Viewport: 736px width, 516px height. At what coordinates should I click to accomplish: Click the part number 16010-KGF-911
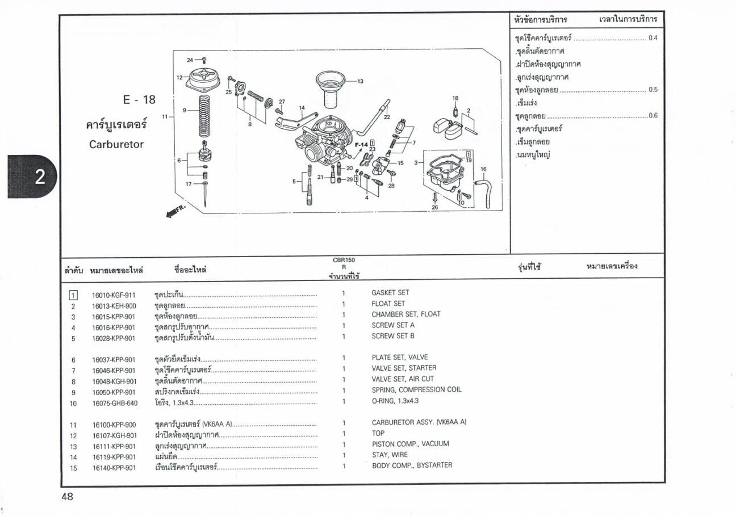pyautogui.click(x=114, y=295)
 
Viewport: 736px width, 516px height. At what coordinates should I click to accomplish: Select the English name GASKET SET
pyautogui.click(x=390, y=293)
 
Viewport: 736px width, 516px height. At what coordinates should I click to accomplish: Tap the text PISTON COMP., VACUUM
pyautogui.click(x=411, y=444)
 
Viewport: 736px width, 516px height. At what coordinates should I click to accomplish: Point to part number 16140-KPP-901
pyautogui.click(x=114, y=468)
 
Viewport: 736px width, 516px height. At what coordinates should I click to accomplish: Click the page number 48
pyautogui.click(x=68, y=497)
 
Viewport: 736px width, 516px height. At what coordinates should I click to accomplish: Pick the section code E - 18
pyautogui.click(x=139, y=99)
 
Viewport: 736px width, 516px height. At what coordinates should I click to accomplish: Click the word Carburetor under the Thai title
pyautogui.click(x=116, y=144)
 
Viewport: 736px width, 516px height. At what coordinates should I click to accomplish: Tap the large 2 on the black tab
pyautogui.click(x=40, y=177)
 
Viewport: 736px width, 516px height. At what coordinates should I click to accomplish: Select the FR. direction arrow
pyautogui.click(x=175, y=212)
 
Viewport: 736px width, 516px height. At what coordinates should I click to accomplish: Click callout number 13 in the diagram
pyautogui.click(x=360, y=81)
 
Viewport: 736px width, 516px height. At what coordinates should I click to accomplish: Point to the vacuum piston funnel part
pyautogui.click(x=331, y=89)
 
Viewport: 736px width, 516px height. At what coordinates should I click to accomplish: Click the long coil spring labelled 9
pyautogui.click(x=204, y=116)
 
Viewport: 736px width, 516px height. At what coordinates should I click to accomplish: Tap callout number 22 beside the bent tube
pyautogui.click(x=387, y=117)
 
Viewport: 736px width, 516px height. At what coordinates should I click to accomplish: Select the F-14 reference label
pyautogui.click(x=361, y=145)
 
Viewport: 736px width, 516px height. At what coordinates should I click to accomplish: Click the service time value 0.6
pyautogui.click(x=653, y=115)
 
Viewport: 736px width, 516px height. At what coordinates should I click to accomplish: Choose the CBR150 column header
pyautogui.click(x=344, y=260)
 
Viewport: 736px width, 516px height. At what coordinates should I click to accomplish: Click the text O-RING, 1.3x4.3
pyautogui.click(x=395, y=401)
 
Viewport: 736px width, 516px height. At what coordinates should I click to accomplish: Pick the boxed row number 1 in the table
pyautogui.click(x=73, y=295)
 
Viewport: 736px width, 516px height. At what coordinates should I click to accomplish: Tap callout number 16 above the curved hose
pyautogui.click(x=483, y=169)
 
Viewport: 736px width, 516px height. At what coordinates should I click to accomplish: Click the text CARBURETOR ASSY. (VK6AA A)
pyautogui.click(x=419, y=422)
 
